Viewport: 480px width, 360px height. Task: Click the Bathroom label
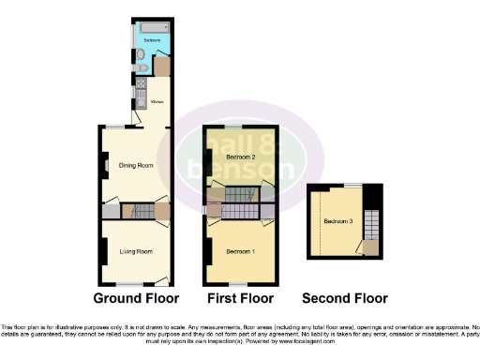point(151,41)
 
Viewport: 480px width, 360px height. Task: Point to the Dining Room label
point(136,166)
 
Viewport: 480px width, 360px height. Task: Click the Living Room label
point(136,251)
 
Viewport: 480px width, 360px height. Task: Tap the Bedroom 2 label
point(241,157)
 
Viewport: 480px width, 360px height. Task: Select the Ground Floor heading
point(136,298)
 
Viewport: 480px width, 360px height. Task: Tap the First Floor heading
point(239,298)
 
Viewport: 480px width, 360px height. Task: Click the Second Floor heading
point(344,298)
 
